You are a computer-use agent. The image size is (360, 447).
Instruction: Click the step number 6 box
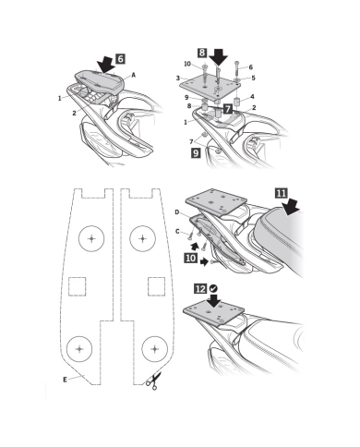pos(121,58)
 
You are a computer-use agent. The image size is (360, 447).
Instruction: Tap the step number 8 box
pos(202,53)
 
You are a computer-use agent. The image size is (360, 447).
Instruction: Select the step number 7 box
pos(228,109)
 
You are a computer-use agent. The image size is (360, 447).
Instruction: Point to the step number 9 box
pos(196,152)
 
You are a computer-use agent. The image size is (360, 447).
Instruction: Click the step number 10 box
pos(191,258)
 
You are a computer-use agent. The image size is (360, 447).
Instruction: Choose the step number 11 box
pos(281,193)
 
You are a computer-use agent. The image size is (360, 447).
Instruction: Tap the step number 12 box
pos(200,289)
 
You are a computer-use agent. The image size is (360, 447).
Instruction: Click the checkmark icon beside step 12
pos(213,289)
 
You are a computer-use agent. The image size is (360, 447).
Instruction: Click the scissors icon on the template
pos(153,381)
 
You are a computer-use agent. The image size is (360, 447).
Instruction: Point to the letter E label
pos(65,380)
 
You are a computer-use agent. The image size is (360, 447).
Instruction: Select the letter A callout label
pos(134,75)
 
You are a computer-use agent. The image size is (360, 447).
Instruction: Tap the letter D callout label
pos(177,212)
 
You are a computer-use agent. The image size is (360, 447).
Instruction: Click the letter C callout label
pos(177,232)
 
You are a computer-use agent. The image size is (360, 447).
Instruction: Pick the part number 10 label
pos(187,64)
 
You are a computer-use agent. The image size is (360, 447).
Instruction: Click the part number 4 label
pos(252,97)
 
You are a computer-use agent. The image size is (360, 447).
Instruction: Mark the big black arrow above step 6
pos(105,65)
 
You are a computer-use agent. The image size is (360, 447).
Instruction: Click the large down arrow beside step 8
pos(218,56)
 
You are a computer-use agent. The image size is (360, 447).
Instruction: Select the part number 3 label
pos(178,79)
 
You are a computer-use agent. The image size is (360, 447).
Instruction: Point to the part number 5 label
pos(253,78)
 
